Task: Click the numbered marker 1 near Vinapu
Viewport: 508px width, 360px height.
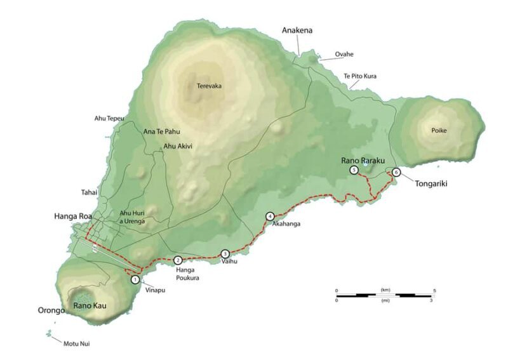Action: point(135,279)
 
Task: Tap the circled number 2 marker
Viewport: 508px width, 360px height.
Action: point(178,260)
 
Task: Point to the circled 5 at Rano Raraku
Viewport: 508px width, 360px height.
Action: point(354,170)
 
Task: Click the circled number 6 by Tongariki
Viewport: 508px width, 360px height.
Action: point(396,171)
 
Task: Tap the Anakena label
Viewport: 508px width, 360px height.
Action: point(297,30)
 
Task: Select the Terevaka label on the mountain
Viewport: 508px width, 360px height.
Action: point(209,86)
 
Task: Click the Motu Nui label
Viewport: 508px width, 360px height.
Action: point(75,344)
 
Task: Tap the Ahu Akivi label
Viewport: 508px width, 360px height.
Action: point(178,146)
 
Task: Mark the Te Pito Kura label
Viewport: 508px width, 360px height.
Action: point(360,76)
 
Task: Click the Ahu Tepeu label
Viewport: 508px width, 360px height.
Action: point(109,119)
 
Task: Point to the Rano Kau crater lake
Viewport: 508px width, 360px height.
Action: point(83,296)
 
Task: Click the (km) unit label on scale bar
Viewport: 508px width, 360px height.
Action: point(385,290)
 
